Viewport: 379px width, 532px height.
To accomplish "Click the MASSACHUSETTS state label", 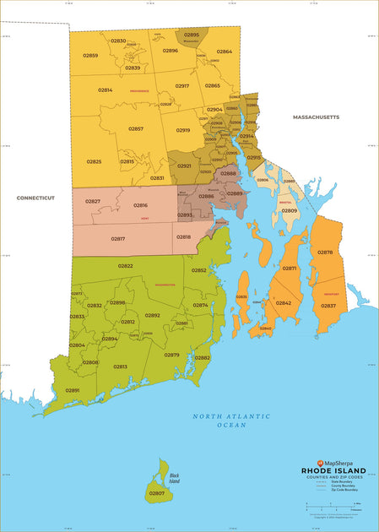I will pos(316,117).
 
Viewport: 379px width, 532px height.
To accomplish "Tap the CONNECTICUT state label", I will pos(35,198).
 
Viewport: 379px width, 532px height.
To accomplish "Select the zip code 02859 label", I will pos(89,56).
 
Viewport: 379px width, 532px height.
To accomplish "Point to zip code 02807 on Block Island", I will pos(157,492).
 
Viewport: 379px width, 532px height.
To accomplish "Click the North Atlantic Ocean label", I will pos(230,421).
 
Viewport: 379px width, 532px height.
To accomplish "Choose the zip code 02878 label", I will pos(325,252).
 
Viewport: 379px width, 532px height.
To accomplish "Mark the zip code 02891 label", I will pos(73,390).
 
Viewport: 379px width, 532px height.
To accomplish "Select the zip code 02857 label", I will pos(136,128).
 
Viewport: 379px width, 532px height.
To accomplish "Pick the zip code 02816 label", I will pos(140,205).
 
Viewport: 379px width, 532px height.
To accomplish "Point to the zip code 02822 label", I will pos(125,266).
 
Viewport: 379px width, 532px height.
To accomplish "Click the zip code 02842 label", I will pos(284,302).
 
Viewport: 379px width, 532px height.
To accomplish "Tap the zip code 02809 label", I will pos(289,210).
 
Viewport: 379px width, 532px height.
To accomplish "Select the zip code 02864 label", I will pos(225,52).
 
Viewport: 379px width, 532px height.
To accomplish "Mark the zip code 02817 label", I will pos(118,239).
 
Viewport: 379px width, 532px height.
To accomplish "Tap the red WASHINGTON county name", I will pos(165,285).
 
